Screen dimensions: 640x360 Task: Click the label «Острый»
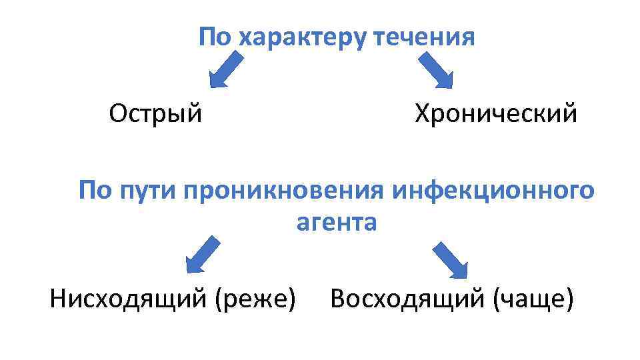(155, 114)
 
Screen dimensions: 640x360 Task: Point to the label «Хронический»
(496, 114)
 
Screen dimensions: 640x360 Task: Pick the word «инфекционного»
(493, 191)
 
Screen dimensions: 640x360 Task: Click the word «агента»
(337, 222)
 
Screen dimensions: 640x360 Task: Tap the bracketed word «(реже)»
(255, 299)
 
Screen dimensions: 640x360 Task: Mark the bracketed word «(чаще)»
(533, 299)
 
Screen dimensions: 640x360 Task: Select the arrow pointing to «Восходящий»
(451, 260)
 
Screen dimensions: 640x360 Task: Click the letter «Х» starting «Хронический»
(423, 114)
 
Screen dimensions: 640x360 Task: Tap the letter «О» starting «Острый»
(118, 114)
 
